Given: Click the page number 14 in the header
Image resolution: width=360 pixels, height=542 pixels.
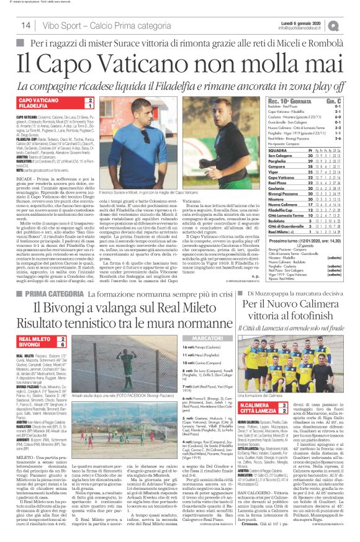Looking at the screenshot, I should tap(26, 25).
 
